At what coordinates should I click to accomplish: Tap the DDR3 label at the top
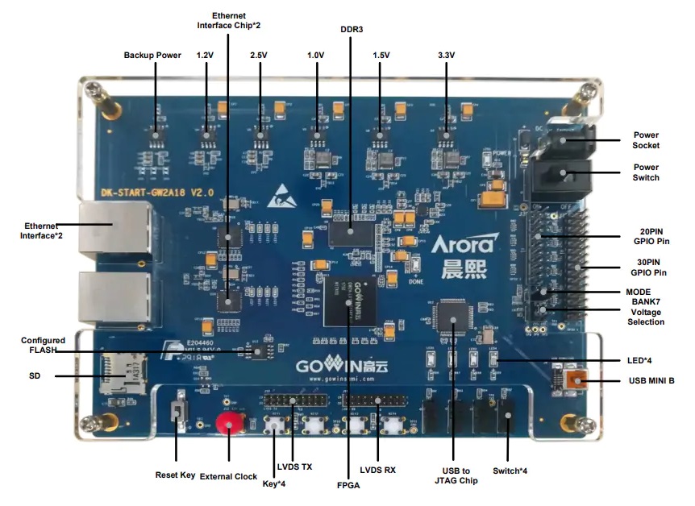coord(352,29)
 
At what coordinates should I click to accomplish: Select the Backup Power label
coord(152,56)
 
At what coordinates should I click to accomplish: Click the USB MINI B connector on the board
coord(573,381)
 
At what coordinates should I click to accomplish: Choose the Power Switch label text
coord(646,172)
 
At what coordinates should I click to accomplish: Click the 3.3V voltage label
coord(446,56)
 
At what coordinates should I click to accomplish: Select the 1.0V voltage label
coord(316,56)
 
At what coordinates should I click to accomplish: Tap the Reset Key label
coord(175,475)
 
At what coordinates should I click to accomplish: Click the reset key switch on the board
coord(179,416)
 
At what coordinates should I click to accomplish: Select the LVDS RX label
coord(377,470)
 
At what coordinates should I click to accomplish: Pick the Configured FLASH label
coord(44,346)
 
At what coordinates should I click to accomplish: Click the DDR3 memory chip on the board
coord(352,230)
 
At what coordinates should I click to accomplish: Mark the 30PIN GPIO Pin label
coord(647,268)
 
